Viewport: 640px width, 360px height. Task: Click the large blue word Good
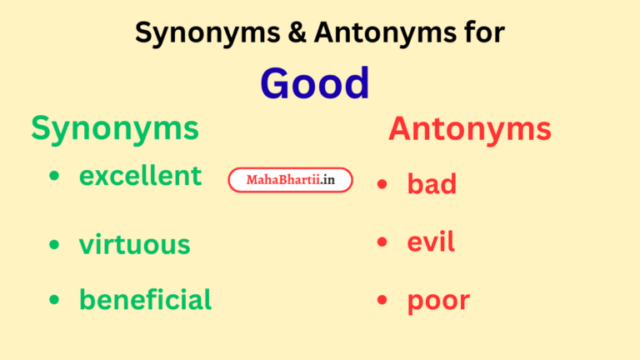[x=314, y=83]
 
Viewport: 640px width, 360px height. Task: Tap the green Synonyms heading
[x=115, y=128]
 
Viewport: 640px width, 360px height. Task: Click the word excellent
[x=140, y=176]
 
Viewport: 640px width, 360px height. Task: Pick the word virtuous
[x=134, y=245]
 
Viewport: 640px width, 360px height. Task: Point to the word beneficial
[x=145, y=299]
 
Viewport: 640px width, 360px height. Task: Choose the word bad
[x=432, y=183]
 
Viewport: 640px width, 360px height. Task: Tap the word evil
[x=431, y=242]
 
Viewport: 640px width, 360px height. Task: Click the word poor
[x=438, y=302]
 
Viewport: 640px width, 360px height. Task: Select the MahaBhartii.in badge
[x=290, y=180]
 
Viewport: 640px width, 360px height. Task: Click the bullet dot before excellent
[x=54, y=177]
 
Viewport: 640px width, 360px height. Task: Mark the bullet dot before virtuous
[x=54, y=245]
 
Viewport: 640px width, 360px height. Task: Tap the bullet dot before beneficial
[x=54, y=299]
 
